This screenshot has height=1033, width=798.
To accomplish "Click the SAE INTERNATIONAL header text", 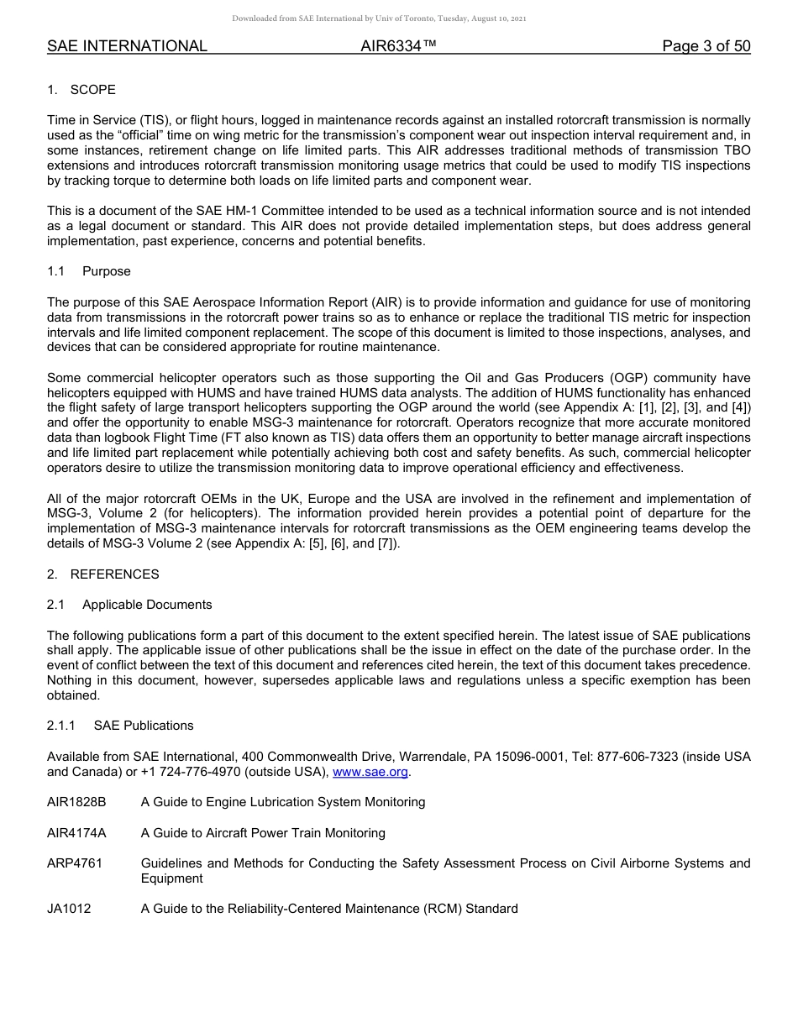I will pyautogui.click(x=127, y=46).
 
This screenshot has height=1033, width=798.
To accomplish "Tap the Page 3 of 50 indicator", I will pyautogui.click(x=706, y=46).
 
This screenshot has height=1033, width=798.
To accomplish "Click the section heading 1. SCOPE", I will pyautogui.click(x=81, y=90).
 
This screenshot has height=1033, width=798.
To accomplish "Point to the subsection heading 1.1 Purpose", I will pyautogui.click(x=89, y=271).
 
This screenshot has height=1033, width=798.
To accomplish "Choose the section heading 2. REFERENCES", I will pyautogui.click(x=102, y=574).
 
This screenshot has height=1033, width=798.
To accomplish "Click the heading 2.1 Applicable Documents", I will pyautogui.click(x=129, y=605).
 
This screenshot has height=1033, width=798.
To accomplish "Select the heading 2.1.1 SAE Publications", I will pyautogui.click(x=120, y=726).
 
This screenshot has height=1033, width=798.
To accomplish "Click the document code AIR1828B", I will pyautogui.click(x=76, y=802).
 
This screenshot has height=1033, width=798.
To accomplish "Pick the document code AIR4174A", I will pyautogui.click(x=76, y=833).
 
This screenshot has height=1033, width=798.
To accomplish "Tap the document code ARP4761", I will pyautogui.click(x=75, y=863).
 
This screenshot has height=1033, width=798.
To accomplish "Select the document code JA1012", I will pyautogui.click(x=69, y=909).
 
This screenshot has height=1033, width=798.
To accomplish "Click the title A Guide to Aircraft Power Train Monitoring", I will pyautogui.click(x=263, y=833).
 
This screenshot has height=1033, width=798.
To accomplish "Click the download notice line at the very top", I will pyautogui.click(x=379, y=18).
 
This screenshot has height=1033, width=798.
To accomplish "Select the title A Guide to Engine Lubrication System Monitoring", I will pyautogui.click(x=283, y=802).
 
